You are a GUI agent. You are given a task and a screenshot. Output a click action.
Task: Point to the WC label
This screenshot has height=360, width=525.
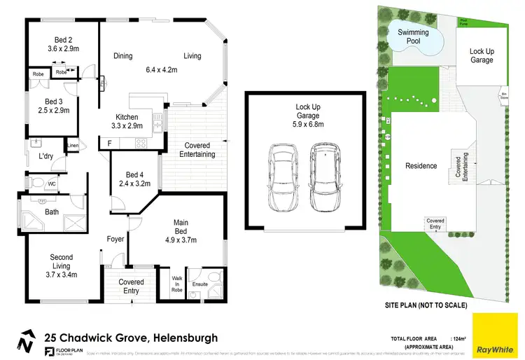pyautogui.click(x=51, y=184)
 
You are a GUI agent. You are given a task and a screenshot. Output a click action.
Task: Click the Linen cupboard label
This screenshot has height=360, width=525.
pyautogui.click(x=73, y=146)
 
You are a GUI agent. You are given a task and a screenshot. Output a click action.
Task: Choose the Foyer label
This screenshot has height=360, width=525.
pyautogui.click(x=115, y=239)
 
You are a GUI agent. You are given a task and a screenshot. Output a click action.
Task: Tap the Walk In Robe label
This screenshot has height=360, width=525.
pyautogui.click(x=177, y=283)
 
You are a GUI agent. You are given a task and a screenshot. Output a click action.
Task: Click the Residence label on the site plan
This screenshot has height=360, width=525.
pyautogui.click(x=421, y=166)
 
